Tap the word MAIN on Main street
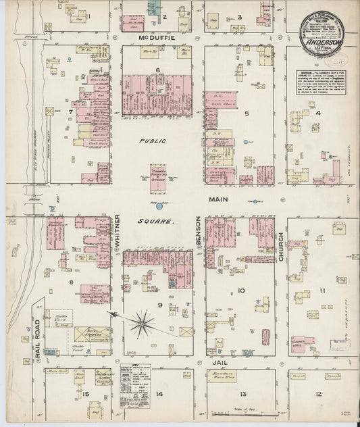click(x=220, y=199)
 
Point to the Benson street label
click(x=199, y=230)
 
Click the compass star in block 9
click(x=143, y=324)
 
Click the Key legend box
click(x=136, y=390)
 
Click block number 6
click(x=157, y=70)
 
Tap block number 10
click(x=241, y=291)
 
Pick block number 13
click(x=241, y=394)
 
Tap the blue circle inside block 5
click(x=246, y=142)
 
